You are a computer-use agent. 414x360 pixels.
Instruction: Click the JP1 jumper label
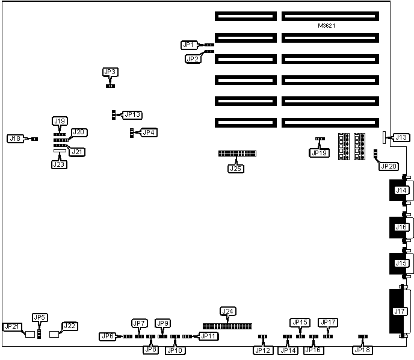(188, 45)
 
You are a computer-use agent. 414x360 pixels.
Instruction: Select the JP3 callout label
(110, 72)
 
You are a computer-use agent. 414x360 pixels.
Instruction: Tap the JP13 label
(132, 114)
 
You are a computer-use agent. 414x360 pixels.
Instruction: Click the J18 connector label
(15, 138)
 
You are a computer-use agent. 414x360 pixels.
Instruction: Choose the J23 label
(59, 164)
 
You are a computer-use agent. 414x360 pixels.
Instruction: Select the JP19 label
(320, 153)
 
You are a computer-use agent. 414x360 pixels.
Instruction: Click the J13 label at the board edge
(401, 138)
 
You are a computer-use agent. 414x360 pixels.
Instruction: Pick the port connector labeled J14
(400, 191)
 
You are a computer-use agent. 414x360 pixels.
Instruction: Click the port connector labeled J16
(400, 227)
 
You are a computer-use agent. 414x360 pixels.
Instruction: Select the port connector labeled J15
(400, 262)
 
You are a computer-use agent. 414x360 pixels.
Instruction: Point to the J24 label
(227, 311)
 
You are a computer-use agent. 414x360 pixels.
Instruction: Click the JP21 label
(12, 326)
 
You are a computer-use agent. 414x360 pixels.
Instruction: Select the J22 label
(70, 326)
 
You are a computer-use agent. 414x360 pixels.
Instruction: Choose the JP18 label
(362, 350)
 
